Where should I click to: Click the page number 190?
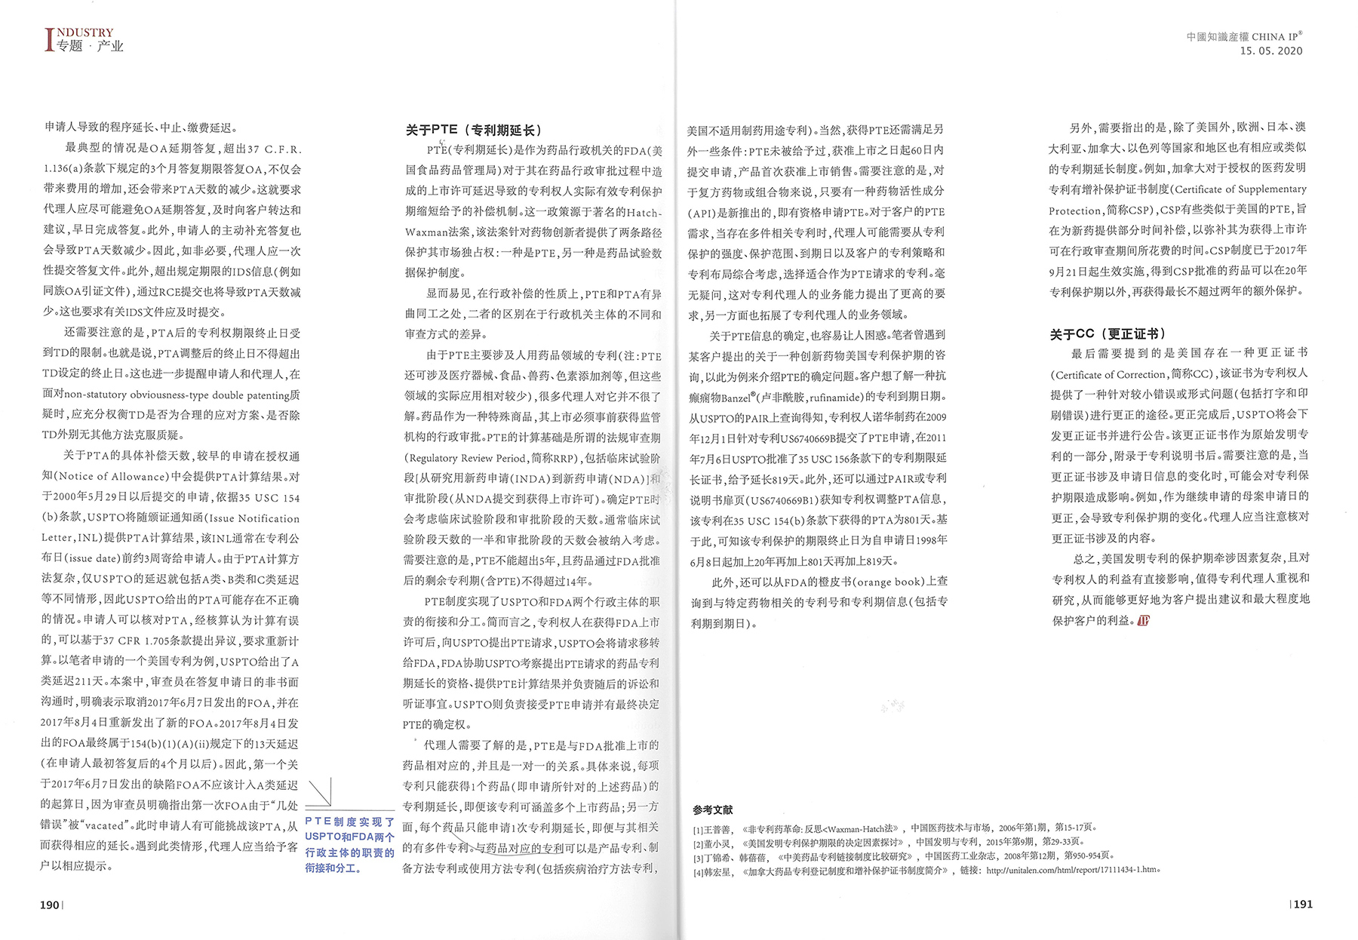[x=50, y=905]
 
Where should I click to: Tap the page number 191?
[x=1303, y=904]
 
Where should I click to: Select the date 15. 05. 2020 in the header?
[x=1271, y=51]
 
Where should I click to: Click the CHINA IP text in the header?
[x=1277, y=36]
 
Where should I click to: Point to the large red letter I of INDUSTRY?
[x=50, y=40]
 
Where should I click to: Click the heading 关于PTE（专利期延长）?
[x=474, y=130]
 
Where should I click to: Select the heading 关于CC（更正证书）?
[x=1108, y=333]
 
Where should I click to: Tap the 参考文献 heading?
[x=712, y=809]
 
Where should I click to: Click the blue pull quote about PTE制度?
[x=349, y=844]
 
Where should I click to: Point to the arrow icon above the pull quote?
[x=320, y=792]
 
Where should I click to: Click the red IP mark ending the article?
[x=1143, y=620]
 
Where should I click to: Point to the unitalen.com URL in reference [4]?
[x=1071, y=870]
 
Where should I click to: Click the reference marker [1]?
[x=698, y=828]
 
